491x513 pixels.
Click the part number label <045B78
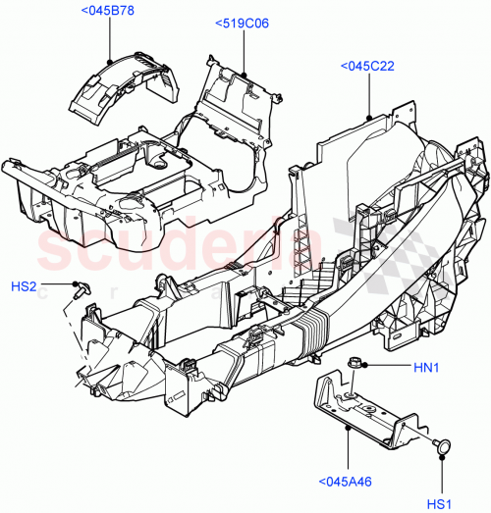tap(116, 12)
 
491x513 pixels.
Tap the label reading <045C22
tap(367, 66)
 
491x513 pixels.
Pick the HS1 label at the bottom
tap(440, 505)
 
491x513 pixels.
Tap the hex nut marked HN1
tap(354, 366)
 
